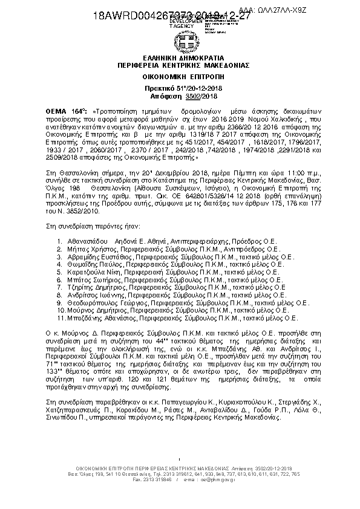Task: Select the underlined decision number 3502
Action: coord(175,96)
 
